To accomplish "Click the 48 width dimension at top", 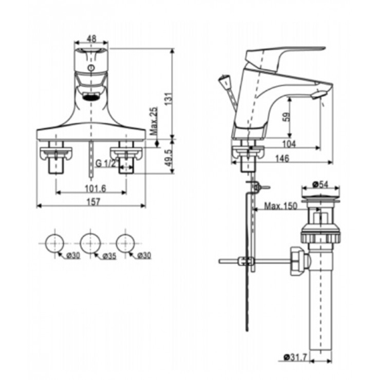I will (91, 39).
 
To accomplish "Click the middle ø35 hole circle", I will (91, 242).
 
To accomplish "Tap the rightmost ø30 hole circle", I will (126, 242).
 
